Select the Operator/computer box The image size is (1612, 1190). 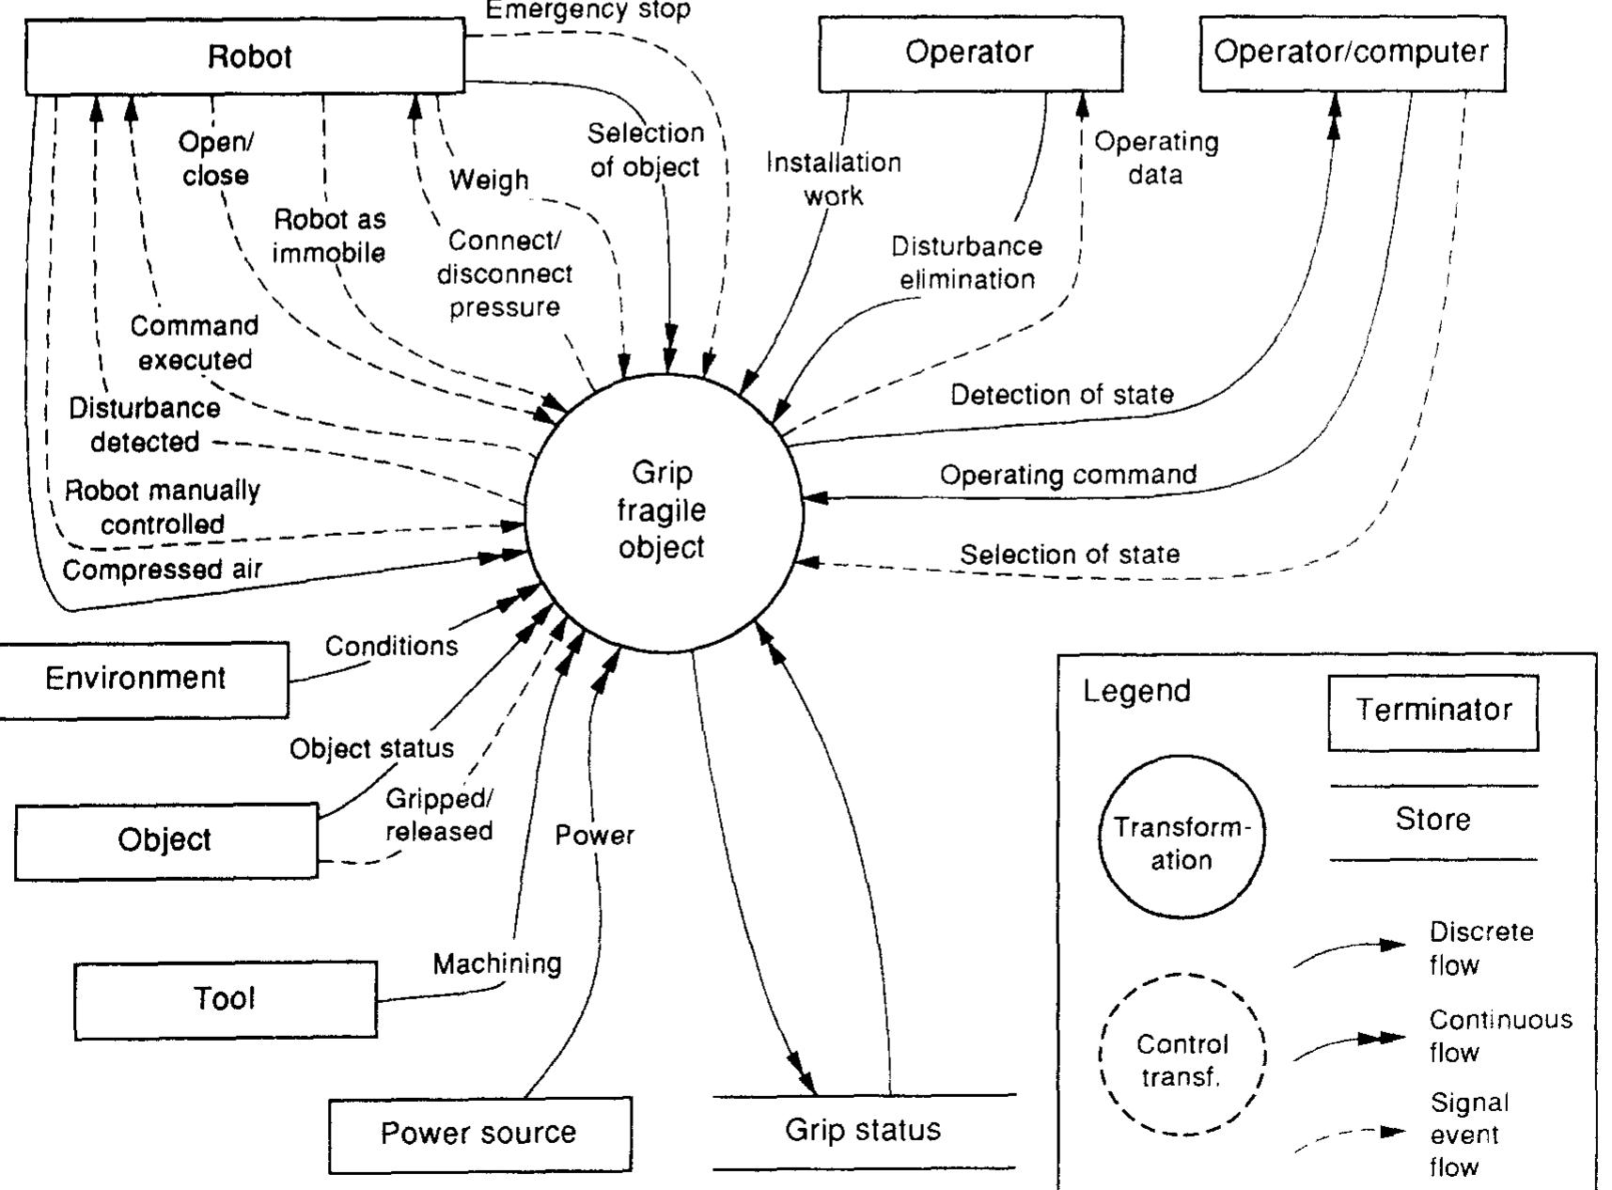1352,53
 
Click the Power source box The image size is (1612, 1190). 479,1134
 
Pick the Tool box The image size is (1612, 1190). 226,999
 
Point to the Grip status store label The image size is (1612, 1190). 863,1130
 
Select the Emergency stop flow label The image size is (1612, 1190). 588,11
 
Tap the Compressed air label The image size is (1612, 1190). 162,571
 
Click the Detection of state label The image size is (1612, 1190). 1062,395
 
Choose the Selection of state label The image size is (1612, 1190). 1070,555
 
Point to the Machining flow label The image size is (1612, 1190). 497,963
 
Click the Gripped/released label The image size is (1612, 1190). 439,815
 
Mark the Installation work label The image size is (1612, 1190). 834,179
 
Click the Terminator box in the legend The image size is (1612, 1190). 1432,711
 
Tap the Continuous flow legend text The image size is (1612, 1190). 1499,1035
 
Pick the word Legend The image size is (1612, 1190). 1136,691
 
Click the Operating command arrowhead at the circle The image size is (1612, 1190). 814,497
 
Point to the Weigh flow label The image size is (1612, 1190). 489,180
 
